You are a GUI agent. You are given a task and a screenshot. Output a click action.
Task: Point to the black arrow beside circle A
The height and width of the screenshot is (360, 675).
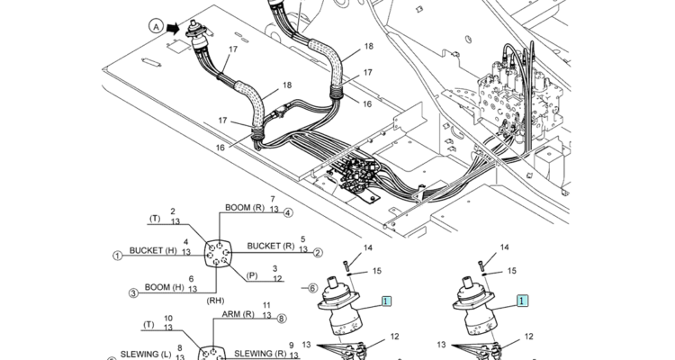(x=172, y=27)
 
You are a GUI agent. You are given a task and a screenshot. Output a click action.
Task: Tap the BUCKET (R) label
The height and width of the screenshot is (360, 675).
(x=270, y=246)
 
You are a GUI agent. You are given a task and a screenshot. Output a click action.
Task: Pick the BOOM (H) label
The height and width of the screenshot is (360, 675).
(x=164, y=287)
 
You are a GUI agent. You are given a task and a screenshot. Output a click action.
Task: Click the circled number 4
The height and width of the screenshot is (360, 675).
(x=288, y=213)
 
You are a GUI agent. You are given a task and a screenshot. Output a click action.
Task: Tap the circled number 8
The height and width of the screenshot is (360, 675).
(x=282, y=318)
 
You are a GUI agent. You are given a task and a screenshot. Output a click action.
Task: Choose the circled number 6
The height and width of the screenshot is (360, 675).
(x=312, y=288)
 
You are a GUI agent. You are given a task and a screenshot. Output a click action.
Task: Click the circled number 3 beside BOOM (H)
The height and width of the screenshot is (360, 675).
(x=132, y=292)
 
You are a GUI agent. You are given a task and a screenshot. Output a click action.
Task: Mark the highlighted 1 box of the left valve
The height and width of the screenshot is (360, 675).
(x=386, y=302)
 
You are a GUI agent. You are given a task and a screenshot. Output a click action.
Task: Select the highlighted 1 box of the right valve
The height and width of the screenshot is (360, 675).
(x=522, y=302)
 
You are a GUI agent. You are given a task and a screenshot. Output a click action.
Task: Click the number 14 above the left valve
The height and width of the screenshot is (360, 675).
(x=367, y=247)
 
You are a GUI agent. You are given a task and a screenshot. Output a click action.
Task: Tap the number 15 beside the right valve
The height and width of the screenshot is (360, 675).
(x=511, y=270)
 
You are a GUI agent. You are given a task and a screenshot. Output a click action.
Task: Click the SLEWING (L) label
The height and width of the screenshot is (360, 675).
(x=148, y=353)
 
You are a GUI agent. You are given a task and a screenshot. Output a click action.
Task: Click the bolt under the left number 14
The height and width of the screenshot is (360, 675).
(x=346, y=265)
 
